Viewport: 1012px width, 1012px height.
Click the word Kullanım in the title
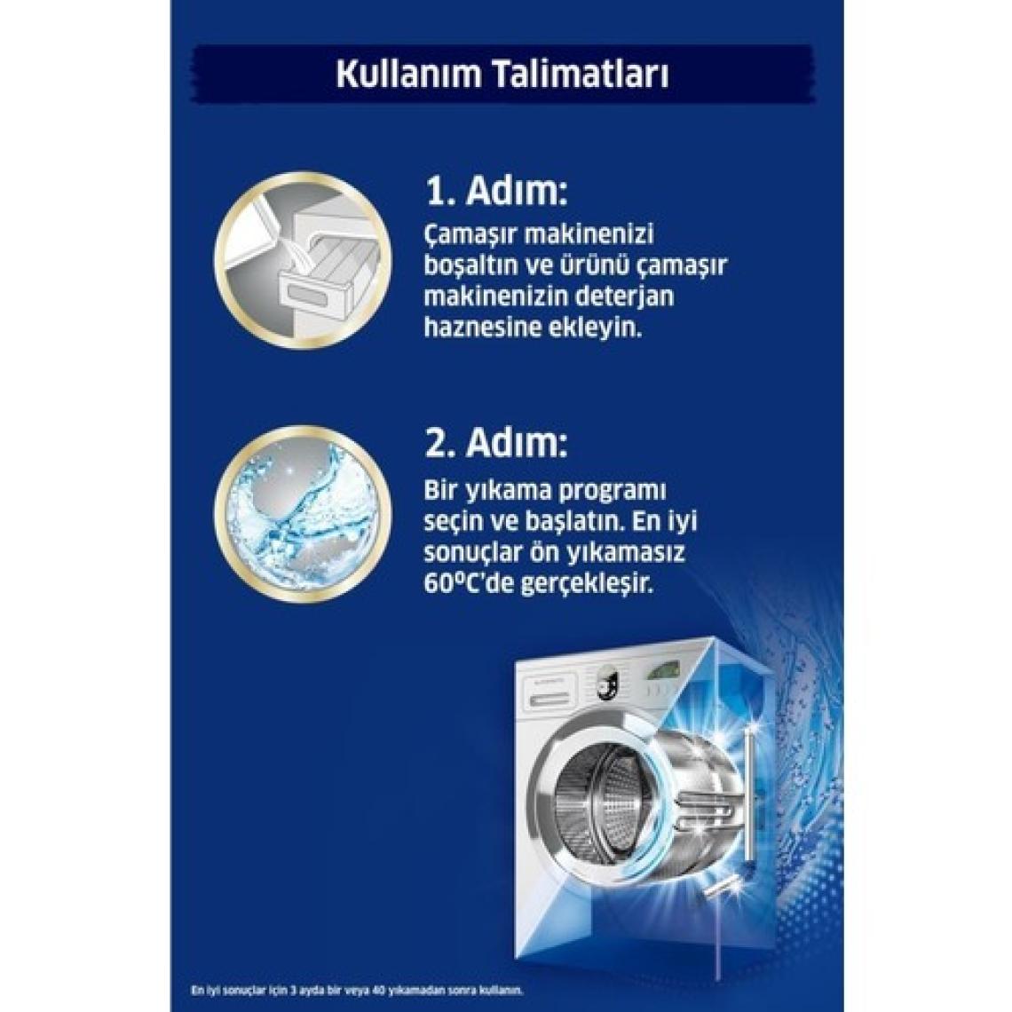click(409, 75)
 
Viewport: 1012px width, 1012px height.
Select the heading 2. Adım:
click(496, 442)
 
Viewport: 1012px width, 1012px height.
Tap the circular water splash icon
click(304, 513)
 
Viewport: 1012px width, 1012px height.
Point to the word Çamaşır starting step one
click(470, 234)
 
